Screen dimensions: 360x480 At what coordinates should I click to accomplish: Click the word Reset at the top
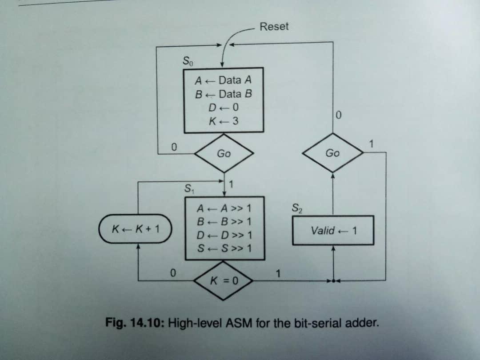(x=274, y=27)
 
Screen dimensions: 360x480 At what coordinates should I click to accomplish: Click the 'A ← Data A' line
(x=224, y=80)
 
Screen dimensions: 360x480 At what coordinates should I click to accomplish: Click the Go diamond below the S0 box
(x=224, y=154)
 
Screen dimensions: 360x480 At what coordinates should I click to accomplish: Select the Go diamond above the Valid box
(x=332, y=153)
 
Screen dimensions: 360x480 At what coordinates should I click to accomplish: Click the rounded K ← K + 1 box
(x=136, y=229)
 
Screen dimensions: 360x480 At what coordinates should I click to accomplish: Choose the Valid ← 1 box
(x=333, y=230)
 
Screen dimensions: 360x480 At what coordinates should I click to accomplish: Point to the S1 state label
(x=189, y=188)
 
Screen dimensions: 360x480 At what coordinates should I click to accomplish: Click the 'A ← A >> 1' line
(x=224, y=208)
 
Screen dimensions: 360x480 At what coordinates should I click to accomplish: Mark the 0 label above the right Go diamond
(x=339, y=116)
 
